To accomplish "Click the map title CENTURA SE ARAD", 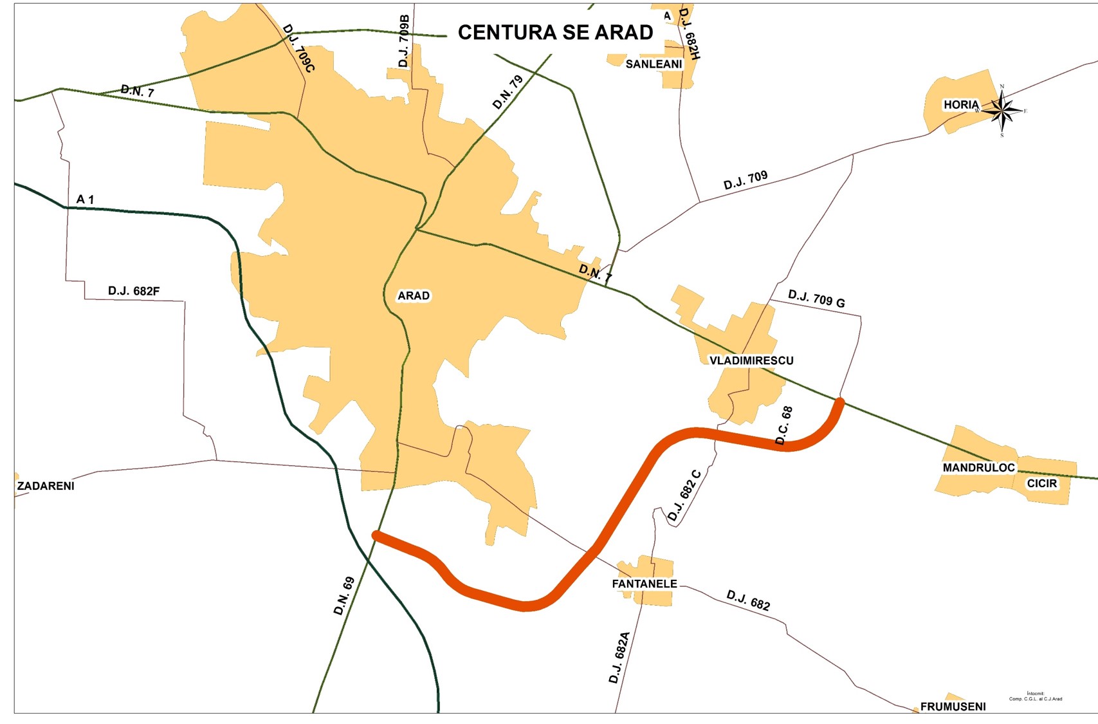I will click(x=555, y=32).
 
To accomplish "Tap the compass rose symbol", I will click(x=1002, y=111).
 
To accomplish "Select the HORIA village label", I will click(x=961, y=104).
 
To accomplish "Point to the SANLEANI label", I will click(x=654, y=64).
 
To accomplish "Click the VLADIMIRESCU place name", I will click(x=751, y=360).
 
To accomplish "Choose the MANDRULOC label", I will click(x=978, y=468).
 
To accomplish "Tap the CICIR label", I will click(x=1041, y=483).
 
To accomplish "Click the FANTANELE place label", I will click(x=644, y=584).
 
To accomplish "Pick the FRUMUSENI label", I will click(x=953, y=706).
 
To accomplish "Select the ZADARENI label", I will click(x=46, y=486).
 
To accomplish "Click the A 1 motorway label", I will click(x=85, y=200).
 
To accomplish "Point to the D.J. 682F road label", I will click(x=134, y=291).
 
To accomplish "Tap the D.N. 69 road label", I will click(x=344, y=596).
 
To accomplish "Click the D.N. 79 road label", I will click(x=508, y=92).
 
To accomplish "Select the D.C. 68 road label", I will click(x=784, y=425).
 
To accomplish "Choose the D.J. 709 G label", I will click(x=816, y=299).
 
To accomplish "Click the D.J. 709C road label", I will click(x=298, y=48).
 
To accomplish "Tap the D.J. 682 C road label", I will click(x=684, y=495).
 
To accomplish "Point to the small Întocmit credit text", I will click(x=1036, y=696).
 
